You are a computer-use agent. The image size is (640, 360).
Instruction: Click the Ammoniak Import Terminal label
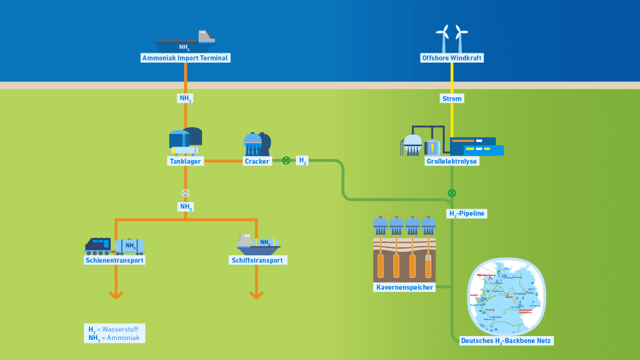tap(185, 58)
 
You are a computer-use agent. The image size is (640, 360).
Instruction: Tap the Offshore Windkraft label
tap(452, 58)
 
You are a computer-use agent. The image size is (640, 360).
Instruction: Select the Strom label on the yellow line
tap(452, 99)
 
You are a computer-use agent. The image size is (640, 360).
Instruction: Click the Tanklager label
tap(185, 161)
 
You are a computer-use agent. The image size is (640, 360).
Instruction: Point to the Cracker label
tap(257, 161)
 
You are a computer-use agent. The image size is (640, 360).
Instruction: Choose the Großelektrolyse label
tap(452, 161)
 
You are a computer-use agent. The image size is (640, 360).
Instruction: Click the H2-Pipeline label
tap(467, 214)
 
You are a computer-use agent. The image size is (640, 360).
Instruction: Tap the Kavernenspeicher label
tap(405, 287)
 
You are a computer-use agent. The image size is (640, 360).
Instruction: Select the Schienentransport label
tap(115, 260)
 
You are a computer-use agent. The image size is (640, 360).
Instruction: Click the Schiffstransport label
tap(257, 260)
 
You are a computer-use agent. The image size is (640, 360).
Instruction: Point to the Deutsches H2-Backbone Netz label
tap(507, 341)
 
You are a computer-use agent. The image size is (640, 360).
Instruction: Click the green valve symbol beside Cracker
tap(286, 161)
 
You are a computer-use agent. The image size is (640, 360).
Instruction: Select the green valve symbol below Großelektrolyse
tap(452, 193)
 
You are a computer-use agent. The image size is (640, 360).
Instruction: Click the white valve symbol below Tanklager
tap(185, 193)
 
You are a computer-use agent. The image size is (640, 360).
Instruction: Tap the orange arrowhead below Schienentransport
tap(115, 293)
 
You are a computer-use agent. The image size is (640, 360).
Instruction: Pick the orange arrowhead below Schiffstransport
tap(257, 293)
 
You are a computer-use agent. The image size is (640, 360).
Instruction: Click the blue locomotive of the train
tap(99, 246)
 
